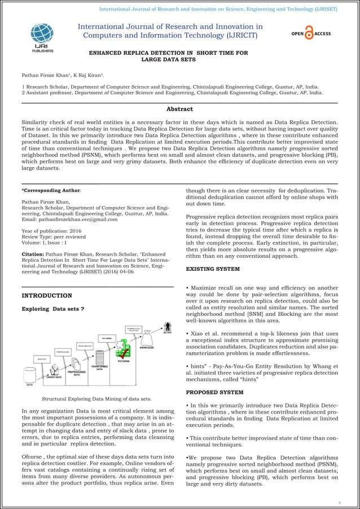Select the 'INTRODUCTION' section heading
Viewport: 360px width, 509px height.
[x=46, y=295]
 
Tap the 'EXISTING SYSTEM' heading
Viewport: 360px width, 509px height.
[x=213, y=269]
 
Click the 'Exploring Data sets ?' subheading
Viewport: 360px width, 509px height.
[x=52, y=309]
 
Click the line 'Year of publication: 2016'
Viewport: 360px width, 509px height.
[x=55, y=231]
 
